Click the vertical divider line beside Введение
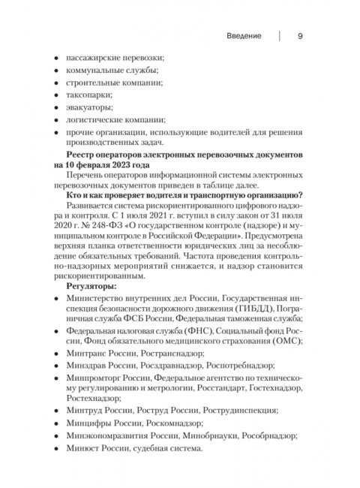(280, 35)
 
